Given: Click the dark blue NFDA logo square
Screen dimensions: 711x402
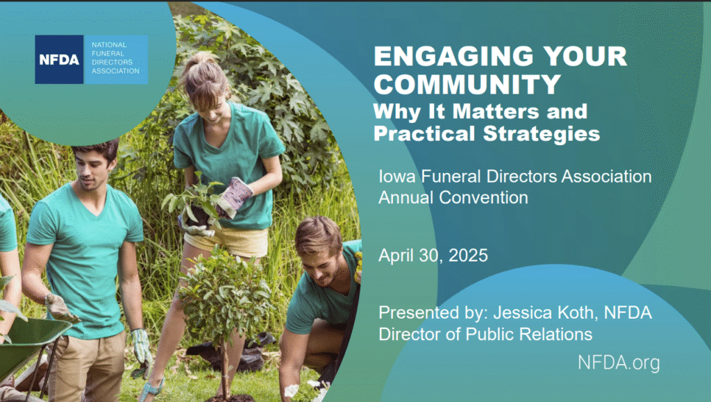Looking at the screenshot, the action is [x=59, y=60].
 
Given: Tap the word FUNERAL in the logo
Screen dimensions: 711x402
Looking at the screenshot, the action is [x=108, y=53].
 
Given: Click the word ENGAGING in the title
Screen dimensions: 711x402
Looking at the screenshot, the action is [x=453, y=57].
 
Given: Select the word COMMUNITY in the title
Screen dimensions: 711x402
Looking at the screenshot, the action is [x=467, y=84].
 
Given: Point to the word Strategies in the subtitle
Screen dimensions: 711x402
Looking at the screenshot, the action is [x=542, y=134].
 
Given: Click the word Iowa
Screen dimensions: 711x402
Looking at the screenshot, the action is [x=397, y=176].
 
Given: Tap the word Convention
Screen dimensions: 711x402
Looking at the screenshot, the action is [x=483, y=198].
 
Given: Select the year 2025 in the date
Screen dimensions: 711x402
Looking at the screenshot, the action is [x=468, y=256].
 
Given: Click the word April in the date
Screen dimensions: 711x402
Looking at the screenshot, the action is [x=396, y=256].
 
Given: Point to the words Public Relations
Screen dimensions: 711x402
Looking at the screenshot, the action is [x=529, y=335].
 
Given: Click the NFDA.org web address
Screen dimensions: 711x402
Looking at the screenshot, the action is [x=619, y=363].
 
